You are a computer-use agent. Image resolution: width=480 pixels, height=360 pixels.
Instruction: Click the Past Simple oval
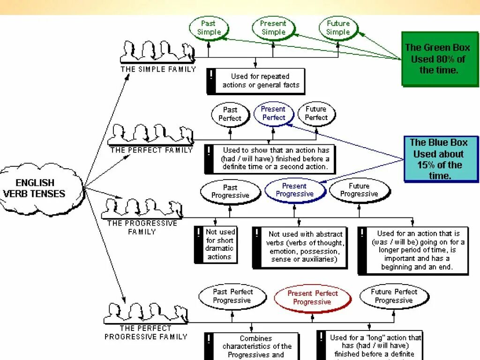click(209, 28)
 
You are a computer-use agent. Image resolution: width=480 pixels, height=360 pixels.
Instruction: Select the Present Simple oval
click(273, 28)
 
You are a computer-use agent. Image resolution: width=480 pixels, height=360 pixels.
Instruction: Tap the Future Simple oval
click(338, 28)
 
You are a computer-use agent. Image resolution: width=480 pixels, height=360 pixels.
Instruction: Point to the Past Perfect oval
click(230, 114)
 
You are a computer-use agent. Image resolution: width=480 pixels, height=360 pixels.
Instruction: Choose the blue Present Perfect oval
click(273, 114)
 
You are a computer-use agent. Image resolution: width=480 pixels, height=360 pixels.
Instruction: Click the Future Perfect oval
click(316, 113)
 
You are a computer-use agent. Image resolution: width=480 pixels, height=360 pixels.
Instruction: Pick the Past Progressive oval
click(230, 191)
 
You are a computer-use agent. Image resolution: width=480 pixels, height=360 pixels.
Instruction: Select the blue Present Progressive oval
click(294, 190)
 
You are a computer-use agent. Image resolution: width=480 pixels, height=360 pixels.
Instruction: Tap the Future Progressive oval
click(359, 190)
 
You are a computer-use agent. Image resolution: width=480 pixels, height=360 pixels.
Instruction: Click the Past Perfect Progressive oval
click(232, 296)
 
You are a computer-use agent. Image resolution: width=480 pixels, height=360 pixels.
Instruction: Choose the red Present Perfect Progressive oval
click(313, 298)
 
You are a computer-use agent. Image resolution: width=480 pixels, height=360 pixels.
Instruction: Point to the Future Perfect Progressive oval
click(394, 296)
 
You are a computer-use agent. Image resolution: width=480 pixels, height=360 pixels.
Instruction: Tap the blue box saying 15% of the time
click(440, 159)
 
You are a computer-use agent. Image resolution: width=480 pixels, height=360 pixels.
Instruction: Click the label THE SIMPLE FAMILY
click(158, 69)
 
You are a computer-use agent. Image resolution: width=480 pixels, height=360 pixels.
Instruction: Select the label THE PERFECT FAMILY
click(151, 150)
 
